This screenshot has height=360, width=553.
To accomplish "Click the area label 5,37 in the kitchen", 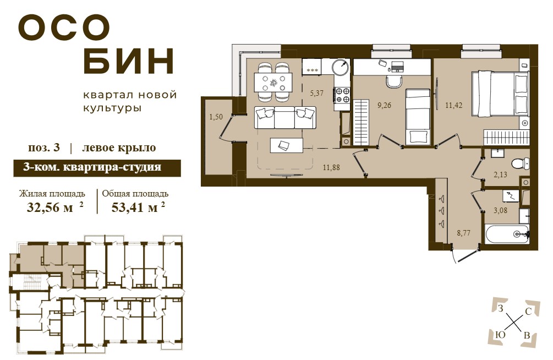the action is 317,93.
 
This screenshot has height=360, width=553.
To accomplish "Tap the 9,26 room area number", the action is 384,105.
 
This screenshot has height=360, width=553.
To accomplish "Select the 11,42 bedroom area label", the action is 453,105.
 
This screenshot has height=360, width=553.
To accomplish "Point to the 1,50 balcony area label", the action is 216,117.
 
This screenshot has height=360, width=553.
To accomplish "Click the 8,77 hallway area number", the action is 463,233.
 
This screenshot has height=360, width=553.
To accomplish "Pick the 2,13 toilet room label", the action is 500,174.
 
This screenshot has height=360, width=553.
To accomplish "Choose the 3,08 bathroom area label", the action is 500,211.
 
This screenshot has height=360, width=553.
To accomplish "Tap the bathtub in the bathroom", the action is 507,233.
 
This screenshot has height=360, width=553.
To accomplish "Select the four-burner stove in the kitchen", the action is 342,95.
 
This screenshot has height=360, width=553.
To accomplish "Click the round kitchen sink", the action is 341,67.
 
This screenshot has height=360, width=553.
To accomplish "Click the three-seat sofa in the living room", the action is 285,118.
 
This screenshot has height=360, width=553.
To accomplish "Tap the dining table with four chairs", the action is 273,82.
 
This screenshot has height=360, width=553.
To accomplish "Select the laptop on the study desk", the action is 397,67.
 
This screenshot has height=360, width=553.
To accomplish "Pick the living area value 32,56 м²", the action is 55,207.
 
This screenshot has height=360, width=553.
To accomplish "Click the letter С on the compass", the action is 528,312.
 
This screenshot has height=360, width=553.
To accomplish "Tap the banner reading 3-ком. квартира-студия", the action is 97,168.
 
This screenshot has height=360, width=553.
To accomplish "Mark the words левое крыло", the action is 119,148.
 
